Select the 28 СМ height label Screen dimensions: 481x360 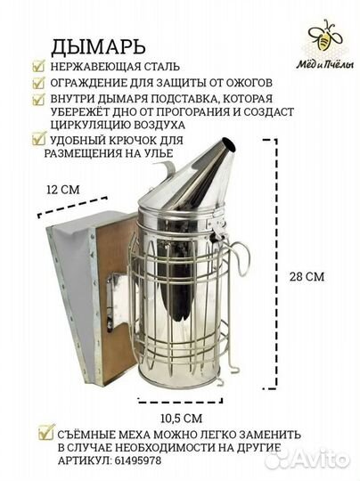[x=306, y=277]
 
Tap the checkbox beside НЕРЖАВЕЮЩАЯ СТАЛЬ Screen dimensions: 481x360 [x=37, y=66]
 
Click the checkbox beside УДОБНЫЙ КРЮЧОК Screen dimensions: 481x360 [x=37, y=139]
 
